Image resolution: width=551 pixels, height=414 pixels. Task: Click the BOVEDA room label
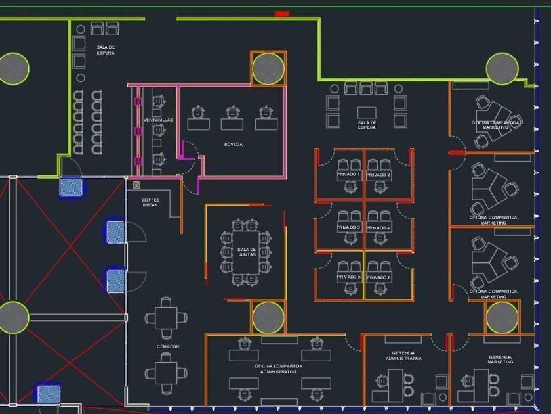pos(233,144)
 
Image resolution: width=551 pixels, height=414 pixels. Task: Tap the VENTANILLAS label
pos(158,120)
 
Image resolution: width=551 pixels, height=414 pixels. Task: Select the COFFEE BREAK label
pos(150,202)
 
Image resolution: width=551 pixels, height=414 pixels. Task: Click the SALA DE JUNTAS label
pos(247,252)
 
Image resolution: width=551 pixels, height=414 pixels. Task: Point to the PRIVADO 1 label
pos(348,175)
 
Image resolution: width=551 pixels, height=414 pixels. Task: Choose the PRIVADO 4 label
pos(378,227)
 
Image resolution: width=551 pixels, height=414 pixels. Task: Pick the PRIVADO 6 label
pos(378,277)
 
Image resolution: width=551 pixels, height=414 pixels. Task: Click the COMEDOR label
pos(168,346)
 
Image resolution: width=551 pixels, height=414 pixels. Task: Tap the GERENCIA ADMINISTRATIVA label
pos(403,356)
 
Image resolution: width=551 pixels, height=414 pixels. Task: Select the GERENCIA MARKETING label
pos(500,359)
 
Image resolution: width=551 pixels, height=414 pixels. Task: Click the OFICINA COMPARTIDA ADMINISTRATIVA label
pos(279,368)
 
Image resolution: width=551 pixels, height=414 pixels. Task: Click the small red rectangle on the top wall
pos(281,14)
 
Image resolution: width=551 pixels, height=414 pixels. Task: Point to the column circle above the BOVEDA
pos(268,68)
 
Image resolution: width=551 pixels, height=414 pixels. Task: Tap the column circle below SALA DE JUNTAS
pos(268,317)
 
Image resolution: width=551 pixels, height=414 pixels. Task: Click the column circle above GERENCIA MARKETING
pos(502,317)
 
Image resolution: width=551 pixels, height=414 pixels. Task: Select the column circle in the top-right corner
pos(502,68)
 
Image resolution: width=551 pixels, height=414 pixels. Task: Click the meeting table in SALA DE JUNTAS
pos(247,252)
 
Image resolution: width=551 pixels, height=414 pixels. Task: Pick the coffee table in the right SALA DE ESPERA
pos(367,112)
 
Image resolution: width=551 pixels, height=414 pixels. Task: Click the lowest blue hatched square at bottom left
pos(48,394)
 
